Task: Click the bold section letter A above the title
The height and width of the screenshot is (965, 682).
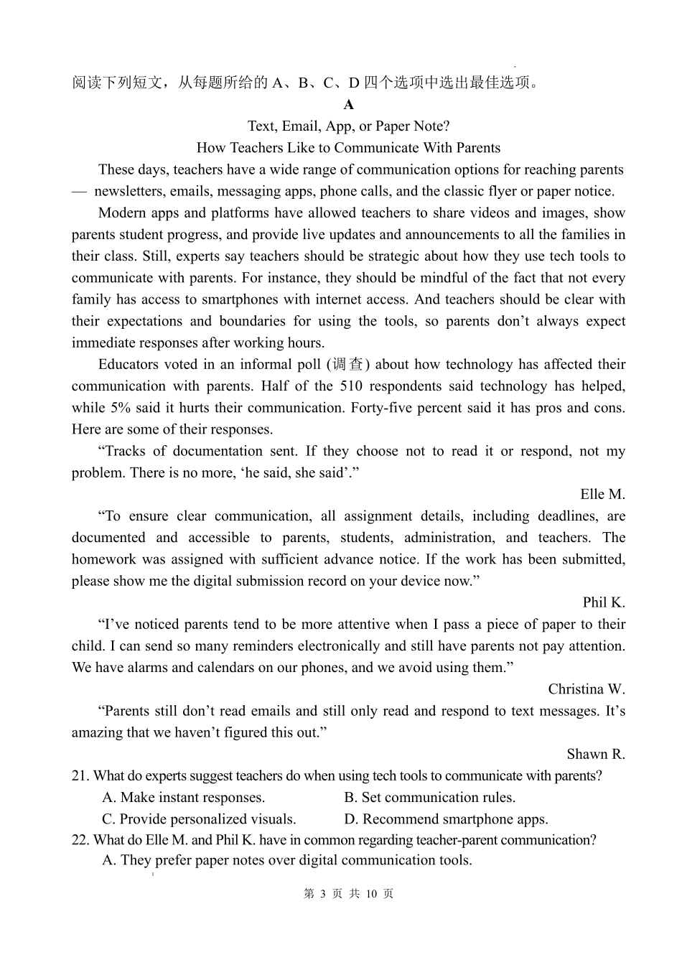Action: pos(349,105)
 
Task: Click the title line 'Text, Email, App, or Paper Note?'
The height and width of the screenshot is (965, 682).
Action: pos(349,126)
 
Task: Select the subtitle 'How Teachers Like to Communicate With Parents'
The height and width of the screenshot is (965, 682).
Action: pos(349,148)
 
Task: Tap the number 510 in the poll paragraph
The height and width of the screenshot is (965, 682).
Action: pos(351,386)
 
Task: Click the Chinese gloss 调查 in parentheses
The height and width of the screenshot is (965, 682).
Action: pos(347,365)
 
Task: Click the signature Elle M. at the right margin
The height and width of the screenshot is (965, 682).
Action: pos(602,494)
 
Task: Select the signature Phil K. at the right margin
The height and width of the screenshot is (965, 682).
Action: pos(604,602)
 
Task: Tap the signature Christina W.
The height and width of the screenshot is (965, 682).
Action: pos(586,689)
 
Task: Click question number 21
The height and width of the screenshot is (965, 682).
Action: pos(80,776)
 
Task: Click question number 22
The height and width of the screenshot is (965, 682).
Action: pos(80,840)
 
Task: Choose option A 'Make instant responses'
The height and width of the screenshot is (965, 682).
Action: pos(184,798)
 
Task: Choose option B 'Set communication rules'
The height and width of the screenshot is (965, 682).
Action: pos(430,798)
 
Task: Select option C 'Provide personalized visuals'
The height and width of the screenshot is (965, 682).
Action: pos(200,819)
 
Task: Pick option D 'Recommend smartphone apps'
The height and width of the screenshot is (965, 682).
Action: pos(446,819)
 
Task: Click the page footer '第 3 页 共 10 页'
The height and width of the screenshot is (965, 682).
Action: pos(349,894)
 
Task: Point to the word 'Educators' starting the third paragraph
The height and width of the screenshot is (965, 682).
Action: pos(129,365)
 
